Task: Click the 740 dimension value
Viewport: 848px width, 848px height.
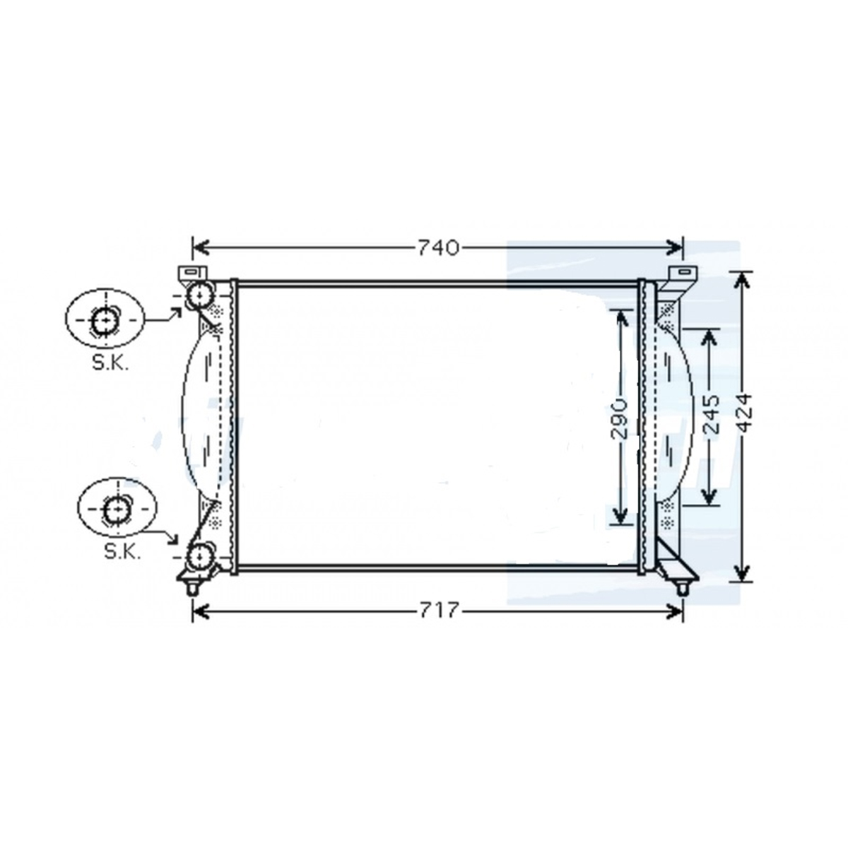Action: coord(438,248)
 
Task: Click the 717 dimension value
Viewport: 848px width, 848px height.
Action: coord(439,610)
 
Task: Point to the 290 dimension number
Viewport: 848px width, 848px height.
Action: coord(620,418)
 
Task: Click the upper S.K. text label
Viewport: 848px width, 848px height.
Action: coord(110,363)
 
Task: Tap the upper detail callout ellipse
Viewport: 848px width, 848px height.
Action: coord(66,318)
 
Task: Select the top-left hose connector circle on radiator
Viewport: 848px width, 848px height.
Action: coord(199,295)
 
